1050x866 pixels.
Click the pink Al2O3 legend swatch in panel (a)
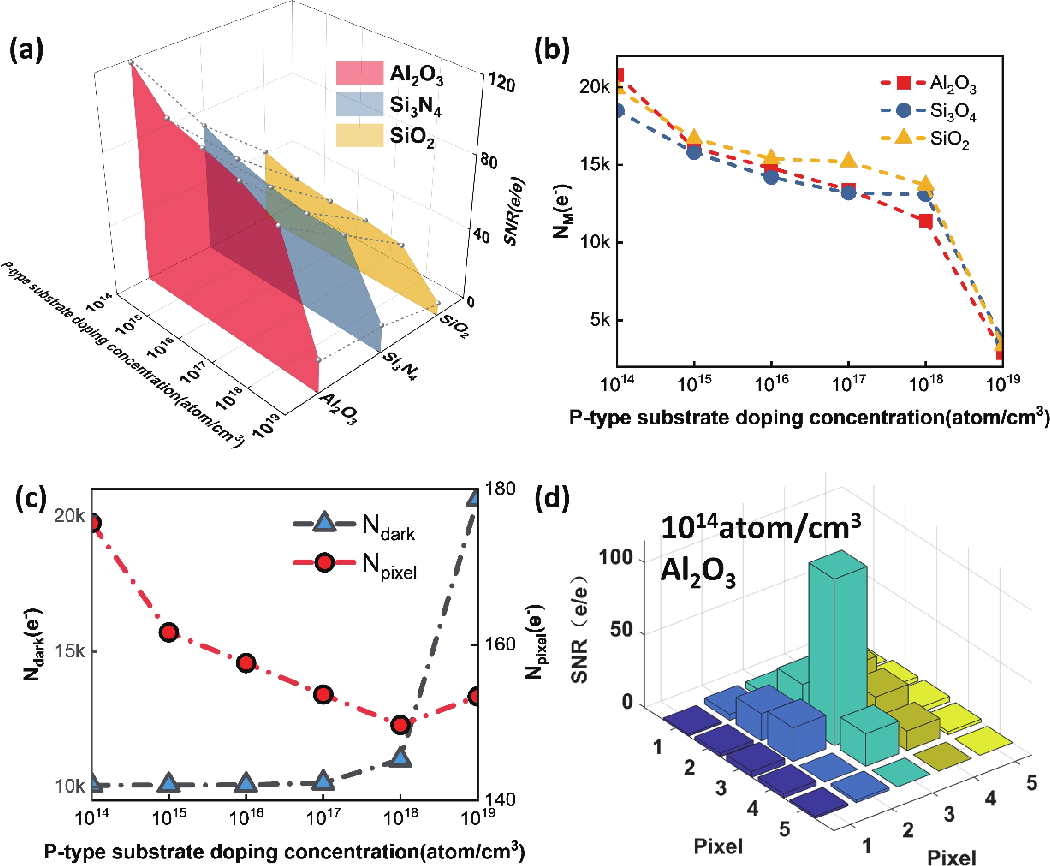[x=359, y=73]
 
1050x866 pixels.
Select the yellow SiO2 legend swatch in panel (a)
[x=359, y=136]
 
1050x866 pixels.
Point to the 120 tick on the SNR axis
[x=500, y=82]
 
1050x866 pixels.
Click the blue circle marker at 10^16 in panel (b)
[x=771, y=177]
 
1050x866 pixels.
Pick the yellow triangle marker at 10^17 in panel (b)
[x=848, y=161]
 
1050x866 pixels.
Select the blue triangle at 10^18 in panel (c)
[x=401, y=758]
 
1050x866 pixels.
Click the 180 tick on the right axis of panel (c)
[x=501, y=488]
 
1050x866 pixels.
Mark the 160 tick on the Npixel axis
[x=501, y=644]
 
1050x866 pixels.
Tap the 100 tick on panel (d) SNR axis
[x=616, y=558]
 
